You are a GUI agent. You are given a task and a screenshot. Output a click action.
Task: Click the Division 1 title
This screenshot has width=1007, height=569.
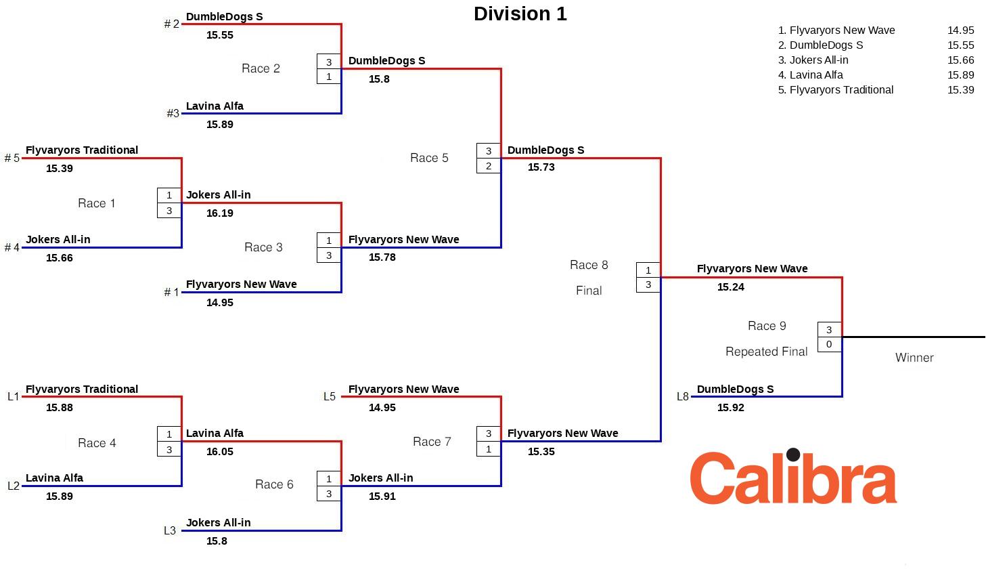[520, 14]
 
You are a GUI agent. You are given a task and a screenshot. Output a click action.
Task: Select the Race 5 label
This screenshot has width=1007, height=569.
[429, 158]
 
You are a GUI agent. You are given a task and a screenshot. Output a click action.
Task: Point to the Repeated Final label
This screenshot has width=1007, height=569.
[766, 352]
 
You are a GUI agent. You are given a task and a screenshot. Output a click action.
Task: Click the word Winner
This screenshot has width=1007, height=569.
[914, 358]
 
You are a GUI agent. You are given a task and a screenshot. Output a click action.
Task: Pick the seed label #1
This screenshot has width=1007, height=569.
[171, 293]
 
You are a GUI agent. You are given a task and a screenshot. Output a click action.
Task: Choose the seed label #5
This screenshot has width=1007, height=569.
[12, 159]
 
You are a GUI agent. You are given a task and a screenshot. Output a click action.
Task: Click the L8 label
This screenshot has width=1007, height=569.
[682, 397]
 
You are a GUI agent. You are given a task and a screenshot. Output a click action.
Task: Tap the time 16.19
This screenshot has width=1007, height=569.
[219, 213]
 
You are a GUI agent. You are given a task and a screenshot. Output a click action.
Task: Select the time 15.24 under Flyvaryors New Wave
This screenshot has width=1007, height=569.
[730, 287]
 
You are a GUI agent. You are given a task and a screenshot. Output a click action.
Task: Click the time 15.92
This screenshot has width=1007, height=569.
[730, 408]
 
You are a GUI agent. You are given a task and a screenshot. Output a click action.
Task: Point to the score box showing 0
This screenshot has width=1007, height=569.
[829, 345]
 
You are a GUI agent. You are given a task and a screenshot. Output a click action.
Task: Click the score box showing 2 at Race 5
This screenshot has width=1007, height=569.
[489, 166]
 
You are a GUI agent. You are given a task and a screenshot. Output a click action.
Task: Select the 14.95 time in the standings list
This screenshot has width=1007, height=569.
[960, 30]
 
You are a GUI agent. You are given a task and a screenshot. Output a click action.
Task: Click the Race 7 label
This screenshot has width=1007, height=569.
[432, 442]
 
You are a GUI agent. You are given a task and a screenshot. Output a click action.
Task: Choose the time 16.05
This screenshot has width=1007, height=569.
[219, 452]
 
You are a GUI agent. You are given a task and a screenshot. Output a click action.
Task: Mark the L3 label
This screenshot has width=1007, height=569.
[170, 531]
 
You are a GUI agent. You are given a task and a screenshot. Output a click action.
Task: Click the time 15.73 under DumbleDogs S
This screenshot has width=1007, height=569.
[541, 167]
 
